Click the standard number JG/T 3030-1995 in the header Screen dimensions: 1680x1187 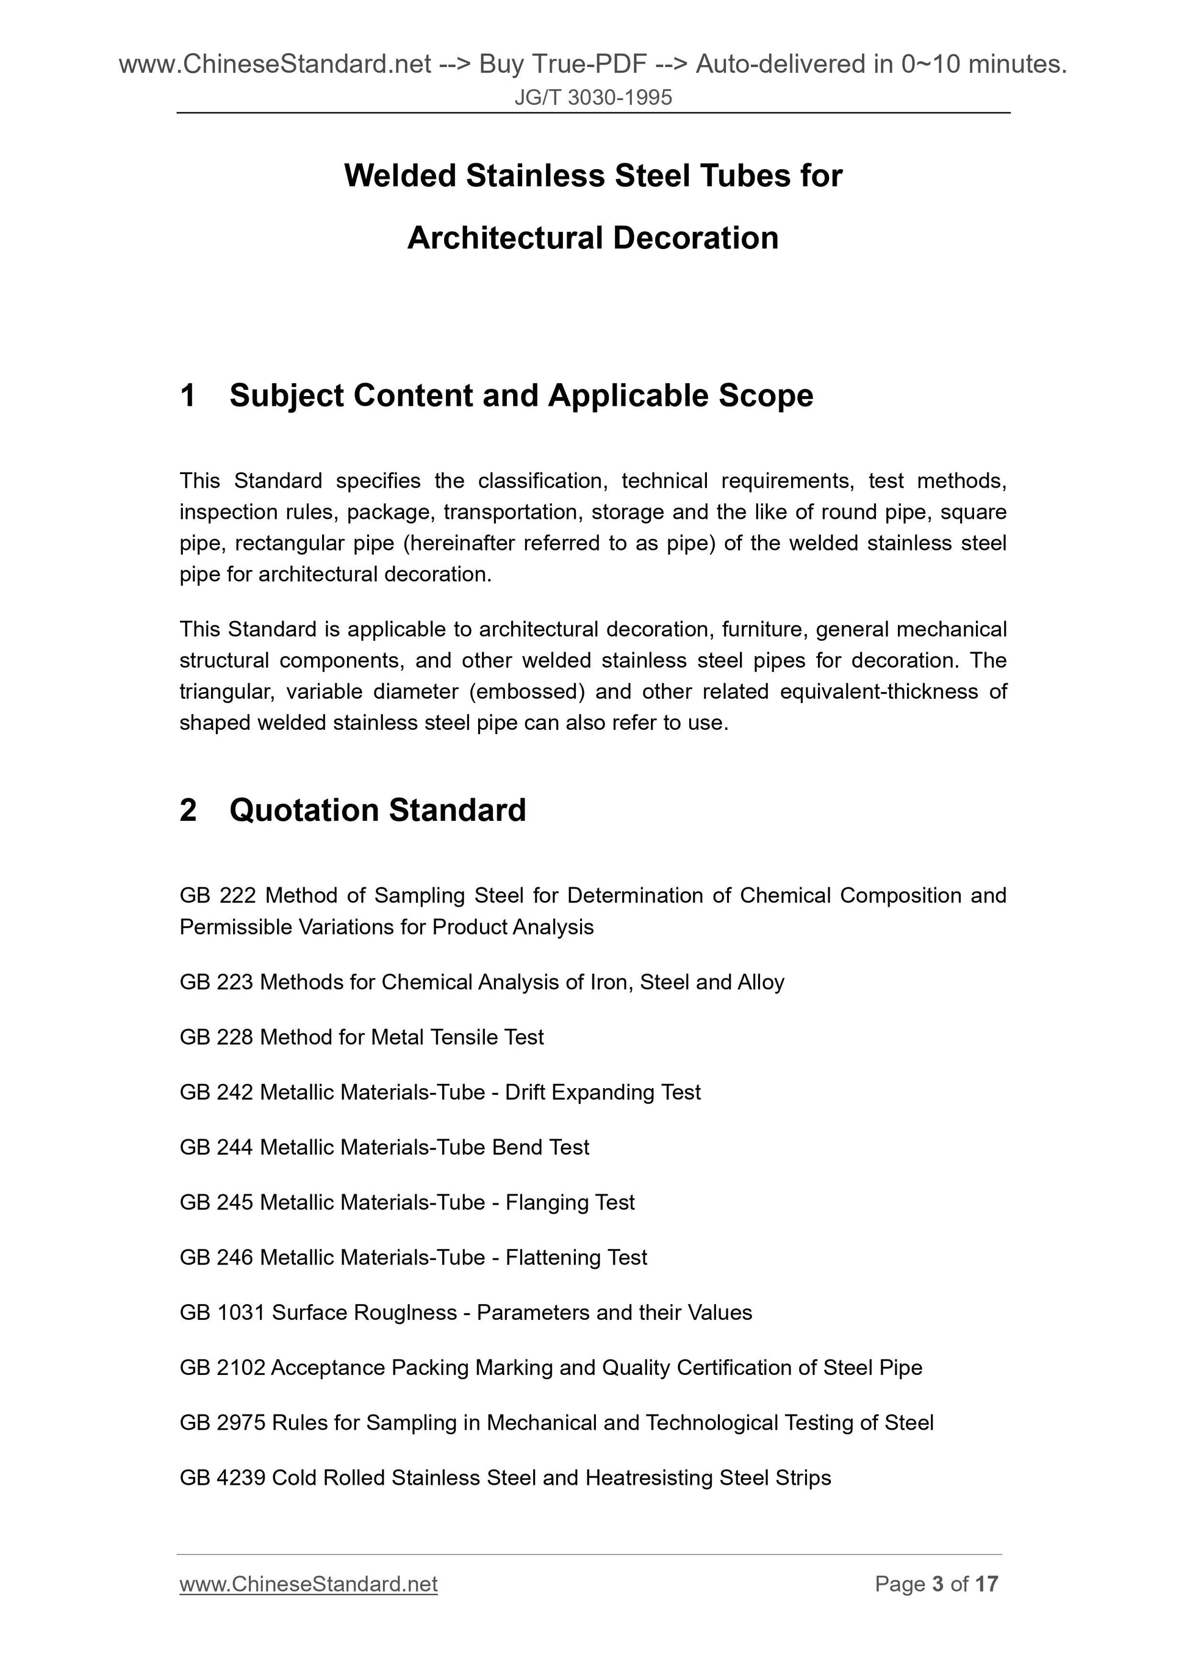[593, 97]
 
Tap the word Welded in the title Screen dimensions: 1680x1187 [401, 176]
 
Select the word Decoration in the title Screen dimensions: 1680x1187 [695, 239]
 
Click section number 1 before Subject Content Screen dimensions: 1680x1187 [188, 396]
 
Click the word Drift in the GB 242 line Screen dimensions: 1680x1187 [525, 1092]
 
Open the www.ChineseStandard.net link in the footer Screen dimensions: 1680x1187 [309, 1584]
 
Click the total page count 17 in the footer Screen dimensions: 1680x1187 [986, 1584]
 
